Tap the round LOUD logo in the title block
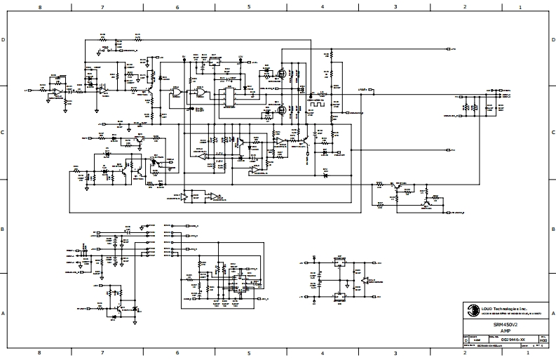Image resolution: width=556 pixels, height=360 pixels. (x=467, y=308)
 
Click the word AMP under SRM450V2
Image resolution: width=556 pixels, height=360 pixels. (x=499, y=331)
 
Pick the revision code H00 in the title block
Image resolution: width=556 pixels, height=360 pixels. (x=543, y=340)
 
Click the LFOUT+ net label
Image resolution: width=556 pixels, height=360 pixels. (x=362, y=90)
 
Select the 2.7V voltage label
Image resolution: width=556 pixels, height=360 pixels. (x=219, y=152)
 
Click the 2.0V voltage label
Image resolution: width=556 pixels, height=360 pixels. (x=219, y=161)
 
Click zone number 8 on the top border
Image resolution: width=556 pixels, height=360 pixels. (x=39, y=6)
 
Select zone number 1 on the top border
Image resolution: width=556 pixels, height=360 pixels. (x=520, y=6)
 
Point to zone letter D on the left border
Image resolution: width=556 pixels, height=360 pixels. (x=4, y=40)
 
